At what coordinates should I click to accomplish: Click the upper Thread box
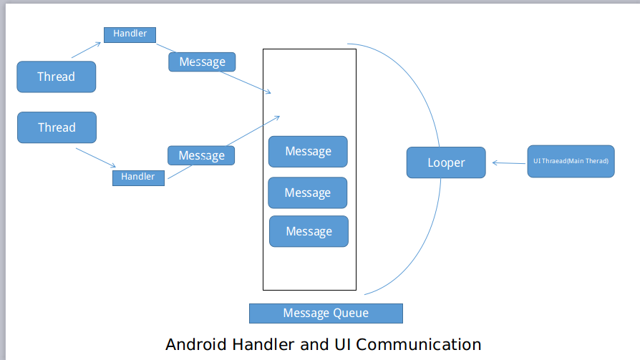pos(56,77)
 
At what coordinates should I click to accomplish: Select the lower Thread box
pos(57,127)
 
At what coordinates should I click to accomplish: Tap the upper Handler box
pos(130,34)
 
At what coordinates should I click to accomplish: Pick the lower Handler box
pos(138,177)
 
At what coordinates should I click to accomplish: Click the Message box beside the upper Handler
pos(202,62)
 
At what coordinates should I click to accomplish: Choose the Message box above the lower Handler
pos(201,155)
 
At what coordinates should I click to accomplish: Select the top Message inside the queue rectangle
pos(308,152)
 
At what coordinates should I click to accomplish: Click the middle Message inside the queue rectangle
pos(307,193)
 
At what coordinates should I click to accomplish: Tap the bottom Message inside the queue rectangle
pos(309,231)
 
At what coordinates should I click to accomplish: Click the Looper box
pos(446,162)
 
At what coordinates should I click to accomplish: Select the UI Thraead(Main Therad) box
pos(571,161)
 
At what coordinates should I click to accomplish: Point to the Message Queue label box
pos(326,313)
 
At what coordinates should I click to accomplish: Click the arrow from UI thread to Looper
pos(509,164)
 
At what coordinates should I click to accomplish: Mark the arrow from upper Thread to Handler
pos(87,49)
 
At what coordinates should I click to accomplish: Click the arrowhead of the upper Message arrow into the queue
pos(268,92)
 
